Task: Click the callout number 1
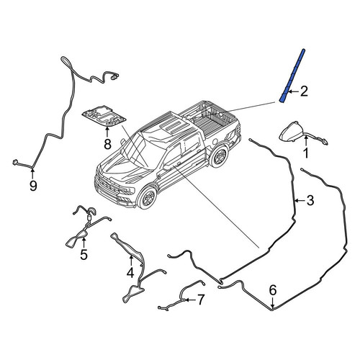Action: point(306,153)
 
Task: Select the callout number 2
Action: point(304,91)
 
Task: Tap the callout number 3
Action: point(310,200)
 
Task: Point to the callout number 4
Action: point(130,273)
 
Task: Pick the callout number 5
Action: point(84,255)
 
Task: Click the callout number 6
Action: point(273,290)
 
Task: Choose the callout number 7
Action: point(200,300)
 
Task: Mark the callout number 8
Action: point(107,144)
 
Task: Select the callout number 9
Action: point(33,186)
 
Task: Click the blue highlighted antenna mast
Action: point(292,76)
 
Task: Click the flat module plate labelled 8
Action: point(104,116)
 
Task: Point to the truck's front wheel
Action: point(147,198)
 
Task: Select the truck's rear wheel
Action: point(218,156)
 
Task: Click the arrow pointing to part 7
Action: point(189,300)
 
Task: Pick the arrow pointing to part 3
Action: point(300,200)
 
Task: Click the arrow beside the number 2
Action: point(294,91)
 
